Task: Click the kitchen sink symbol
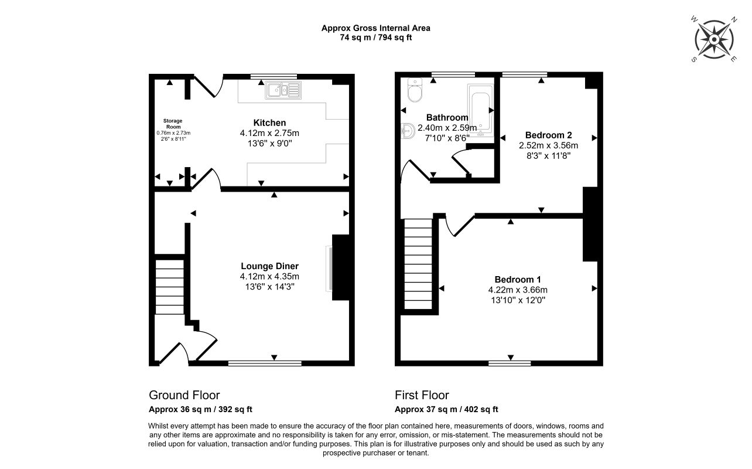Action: tap(283, 90)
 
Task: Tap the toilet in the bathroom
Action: tap(415, 90)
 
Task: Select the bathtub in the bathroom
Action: tap(481, 111)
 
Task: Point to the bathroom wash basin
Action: tap(408, 131)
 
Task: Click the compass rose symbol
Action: tap(714, 40)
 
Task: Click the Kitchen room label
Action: tap(269, 123)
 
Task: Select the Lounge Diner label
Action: tap(269, 266)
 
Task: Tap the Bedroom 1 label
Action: tap(518, 280)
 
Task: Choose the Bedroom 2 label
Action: tap(549, 135)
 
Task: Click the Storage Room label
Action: tap(173, 124)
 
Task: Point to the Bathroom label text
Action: tap(447, 118)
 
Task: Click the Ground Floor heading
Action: tap(184, 395)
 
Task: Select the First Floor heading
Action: tap(422, 395)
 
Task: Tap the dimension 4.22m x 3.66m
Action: tap(518, 290)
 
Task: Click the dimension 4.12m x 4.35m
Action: tap(269, 277)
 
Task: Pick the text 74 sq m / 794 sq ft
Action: tap(375, 38)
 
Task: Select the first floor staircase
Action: tap(418, 264)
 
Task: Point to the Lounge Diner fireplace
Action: tap(340, 267)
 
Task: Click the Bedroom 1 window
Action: tap(510, 363)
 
